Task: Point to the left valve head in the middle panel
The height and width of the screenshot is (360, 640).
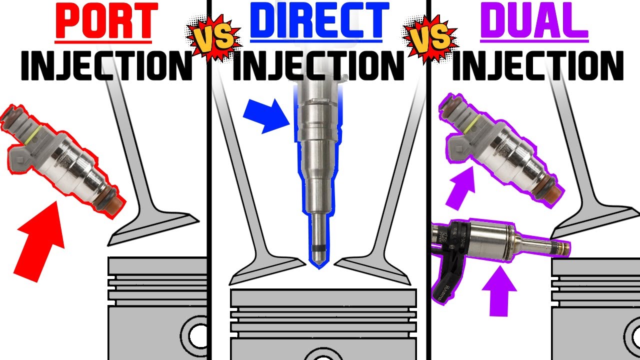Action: point(265,270)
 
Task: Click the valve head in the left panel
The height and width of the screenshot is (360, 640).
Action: point(152,231)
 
